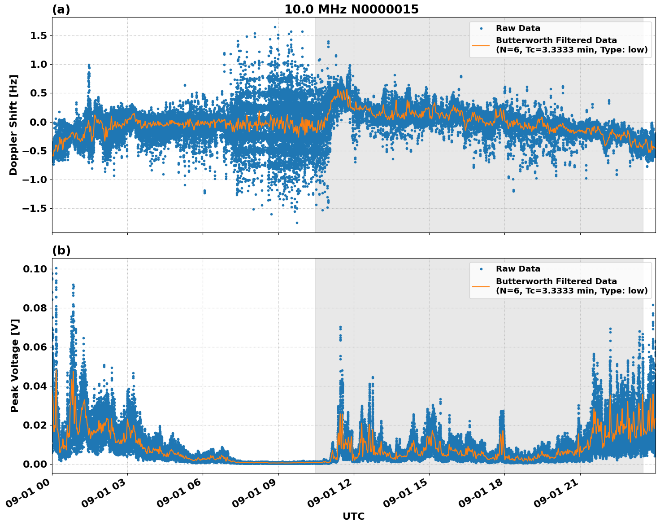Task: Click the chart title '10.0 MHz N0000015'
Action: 351,9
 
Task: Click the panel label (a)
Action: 61,9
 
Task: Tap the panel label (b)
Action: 61,250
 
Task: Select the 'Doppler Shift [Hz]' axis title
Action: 13,125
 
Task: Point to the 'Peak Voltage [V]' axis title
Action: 15,365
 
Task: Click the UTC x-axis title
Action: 353,517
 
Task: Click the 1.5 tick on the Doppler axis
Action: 38,35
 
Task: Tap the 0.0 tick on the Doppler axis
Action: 38,122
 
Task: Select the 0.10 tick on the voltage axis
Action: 35,269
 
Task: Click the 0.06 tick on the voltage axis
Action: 35,347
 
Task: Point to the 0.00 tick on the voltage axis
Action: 35,464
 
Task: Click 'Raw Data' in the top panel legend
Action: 518,28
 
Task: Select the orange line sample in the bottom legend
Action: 481,286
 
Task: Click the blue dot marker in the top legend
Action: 481,28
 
